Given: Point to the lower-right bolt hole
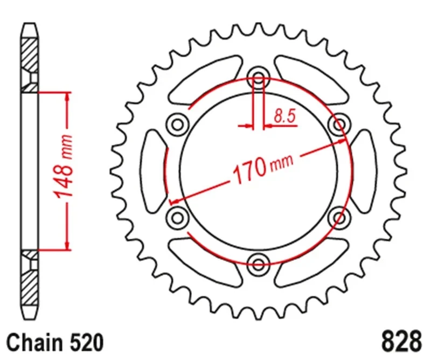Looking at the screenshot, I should pyautogui.click(x=339, y=217).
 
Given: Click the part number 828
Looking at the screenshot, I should pyautogui.click(x=401, y=341).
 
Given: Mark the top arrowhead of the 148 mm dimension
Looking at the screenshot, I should pyautogui.click(x=67, y=96).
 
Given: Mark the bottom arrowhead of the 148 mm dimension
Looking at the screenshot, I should pyautogui.click(x=67, y=246).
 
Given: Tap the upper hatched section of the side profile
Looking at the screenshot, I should pyautogui.click(x=30, y=54).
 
